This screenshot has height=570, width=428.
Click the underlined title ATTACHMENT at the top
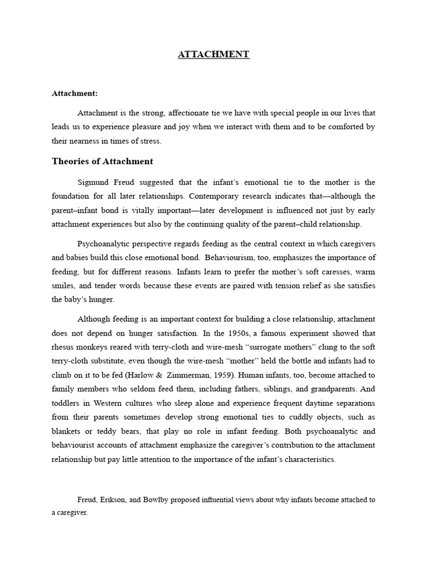(x=213, y=54)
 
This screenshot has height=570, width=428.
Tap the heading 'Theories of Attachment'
(x=102, y=161)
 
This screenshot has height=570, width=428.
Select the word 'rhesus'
(x=64, y=346)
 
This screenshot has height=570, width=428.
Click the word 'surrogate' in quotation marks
(x=257, y=346)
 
